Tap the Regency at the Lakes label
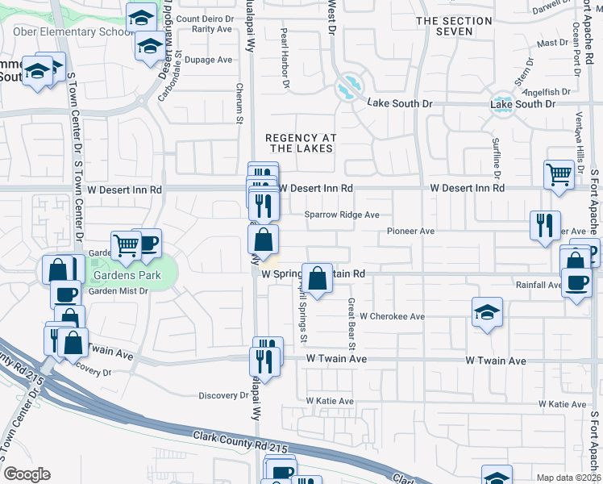pyautogui.click(x=301, y=143)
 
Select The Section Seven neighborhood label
pyautogui.click(x=454, y=26)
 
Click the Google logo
pyautogui.click(x=27, y=474)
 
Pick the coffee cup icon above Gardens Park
pyautogui.click(x=148, y=242)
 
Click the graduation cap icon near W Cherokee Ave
pyautogui.click(x=487, y=312)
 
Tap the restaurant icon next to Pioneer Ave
pyautogui.click(x=545, y=225)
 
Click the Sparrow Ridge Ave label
pyautogui.click(x=342, y=215)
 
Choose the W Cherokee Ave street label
pyautogui.click(x=392, y=317)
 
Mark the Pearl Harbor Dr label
pyautogui.click(x=284, y=58)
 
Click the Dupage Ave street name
pyautogui.click(x=208, y=60)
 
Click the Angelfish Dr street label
pyautogui.click(x=548, y=91)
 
